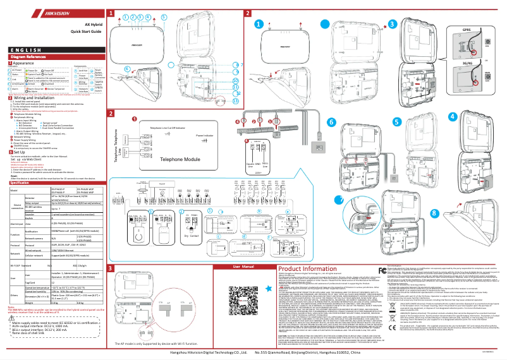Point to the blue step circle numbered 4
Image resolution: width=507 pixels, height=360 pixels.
click(x=487, y=116)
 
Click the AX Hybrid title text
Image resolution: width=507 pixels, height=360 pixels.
click(x=85, y=22)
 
